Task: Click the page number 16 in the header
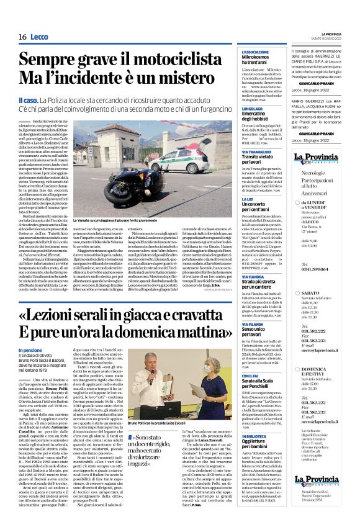click(x=22, y=37)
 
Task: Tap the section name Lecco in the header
click(x=39, y=37)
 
